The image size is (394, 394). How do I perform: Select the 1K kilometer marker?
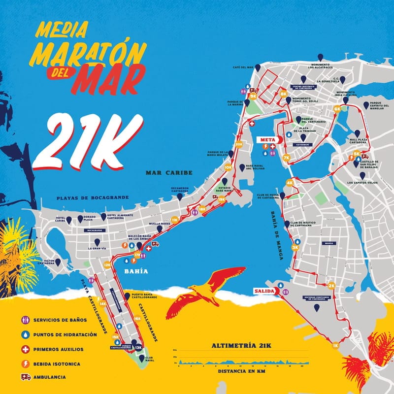[336, 345]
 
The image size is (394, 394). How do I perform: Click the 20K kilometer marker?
[239, 144]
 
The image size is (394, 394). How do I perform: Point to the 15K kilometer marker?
[115, 338]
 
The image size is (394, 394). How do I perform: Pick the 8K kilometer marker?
[283, 93]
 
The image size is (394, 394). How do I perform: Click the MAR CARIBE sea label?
[168, 173]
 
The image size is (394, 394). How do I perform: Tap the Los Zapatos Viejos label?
[362, 183]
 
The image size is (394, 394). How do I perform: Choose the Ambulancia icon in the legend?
[26, 377]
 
